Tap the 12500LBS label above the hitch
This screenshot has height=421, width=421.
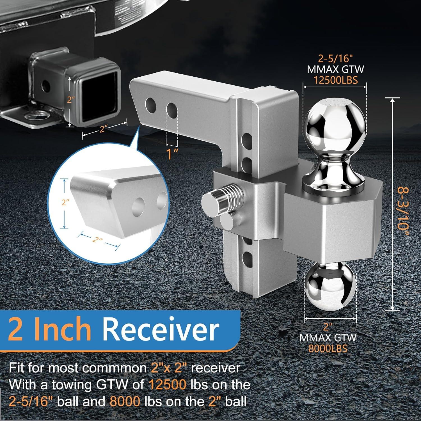tap(335, 80)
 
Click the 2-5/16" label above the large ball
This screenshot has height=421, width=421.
tap(335, 59)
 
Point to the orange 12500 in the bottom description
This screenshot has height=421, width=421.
tap(168, 385)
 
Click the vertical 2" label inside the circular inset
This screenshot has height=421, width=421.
tap(65, 203)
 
